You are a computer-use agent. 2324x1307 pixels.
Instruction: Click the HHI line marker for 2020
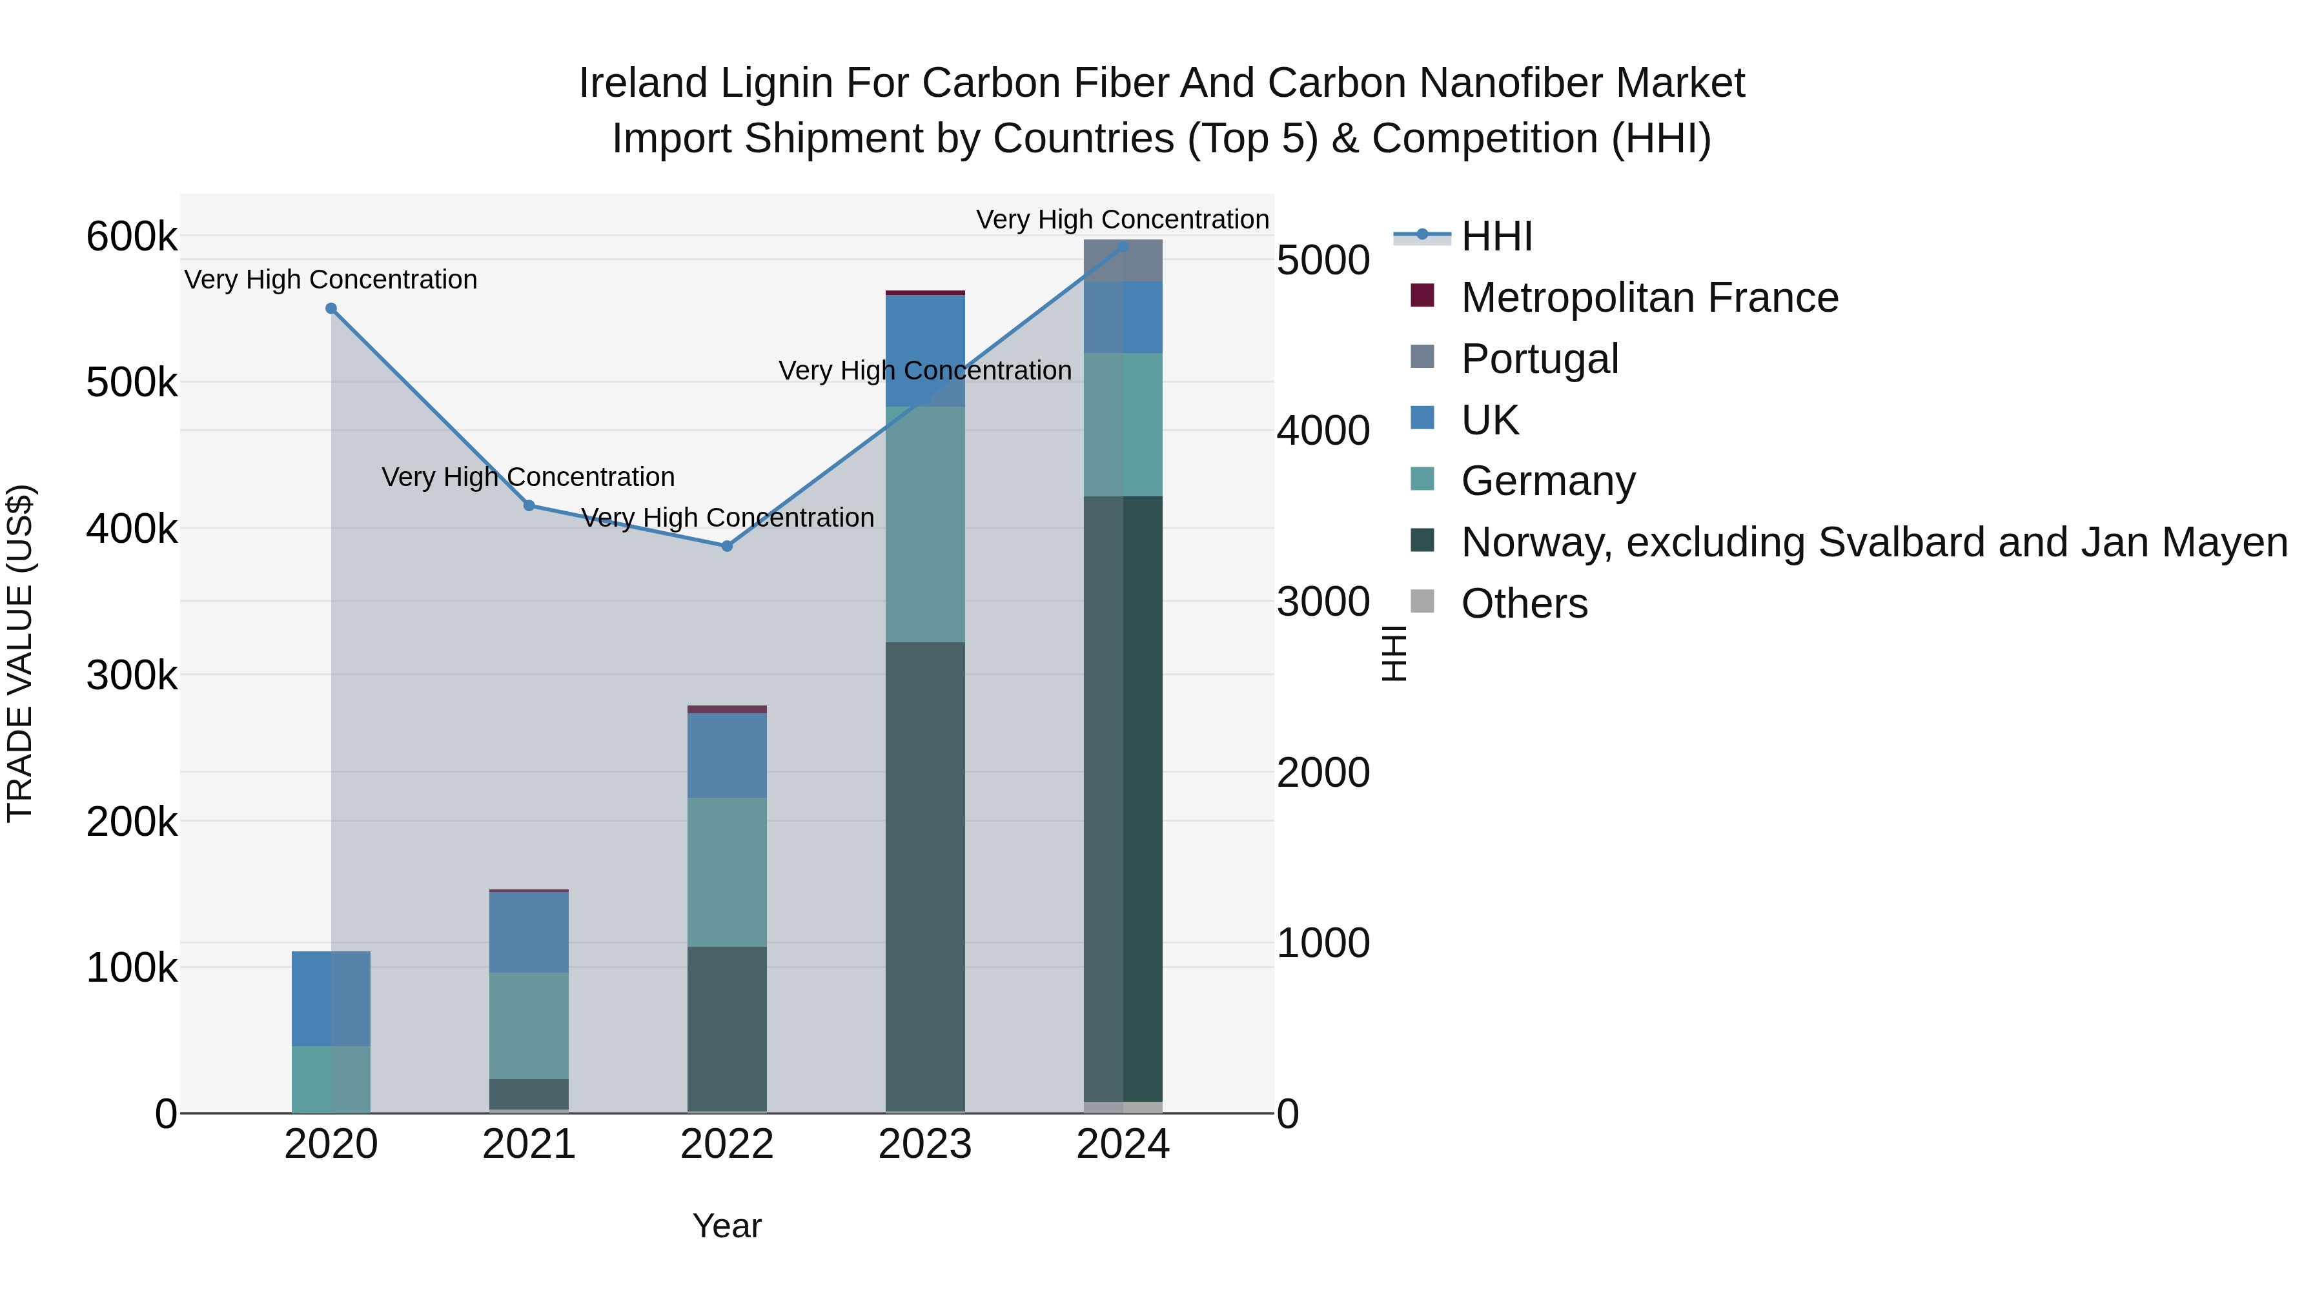(x=331, y=309)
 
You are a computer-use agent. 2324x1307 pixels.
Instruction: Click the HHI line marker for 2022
(x=727, y=545)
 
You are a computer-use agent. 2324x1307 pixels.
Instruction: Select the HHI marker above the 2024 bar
(x=1123, y=247)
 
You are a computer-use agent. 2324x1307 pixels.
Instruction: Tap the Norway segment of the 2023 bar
(x=924, y=875)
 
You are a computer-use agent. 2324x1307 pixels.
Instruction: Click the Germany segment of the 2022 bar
(x=727, y=871)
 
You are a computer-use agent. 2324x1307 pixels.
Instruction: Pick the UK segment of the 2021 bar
(x=529, y=932)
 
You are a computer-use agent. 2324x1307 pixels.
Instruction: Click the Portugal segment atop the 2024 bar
(x=1123, y=261)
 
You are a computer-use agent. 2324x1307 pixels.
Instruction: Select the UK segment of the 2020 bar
(x=331, y=998)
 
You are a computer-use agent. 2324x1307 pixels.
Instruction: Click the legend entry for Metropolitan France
(x=1649, y=298)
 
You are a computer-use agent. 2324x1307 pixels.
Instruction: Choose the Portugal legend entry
(x=1539, y=359)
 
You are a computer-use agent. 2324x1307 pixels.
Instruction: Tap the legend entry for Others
(x=1524, y=603)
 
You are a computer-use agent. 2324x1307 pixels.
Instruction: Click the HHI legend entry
(x=1496, y=236)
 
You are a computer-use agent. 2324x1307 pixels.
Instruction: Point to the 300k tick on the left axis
(x=132, y=674)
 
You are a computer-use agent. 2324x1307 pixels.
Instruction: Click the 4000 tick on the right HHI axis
(x=1323, y=431)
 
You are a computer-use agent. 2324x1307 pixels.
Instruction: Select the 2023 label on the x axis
(x=924, y=1144)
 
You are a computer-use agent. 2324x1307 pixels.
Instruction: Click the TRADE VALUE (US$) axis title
(x=20, y=653)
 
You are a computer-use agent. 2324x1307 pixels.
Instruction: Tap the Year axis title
(x=727, y=1226)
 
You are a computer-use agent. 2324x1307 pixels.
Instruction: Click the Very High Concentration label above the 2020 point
(x=331, y=279)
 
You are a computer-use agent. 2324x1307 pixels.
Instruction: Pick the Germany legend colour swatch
(x=1422, y=479)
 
